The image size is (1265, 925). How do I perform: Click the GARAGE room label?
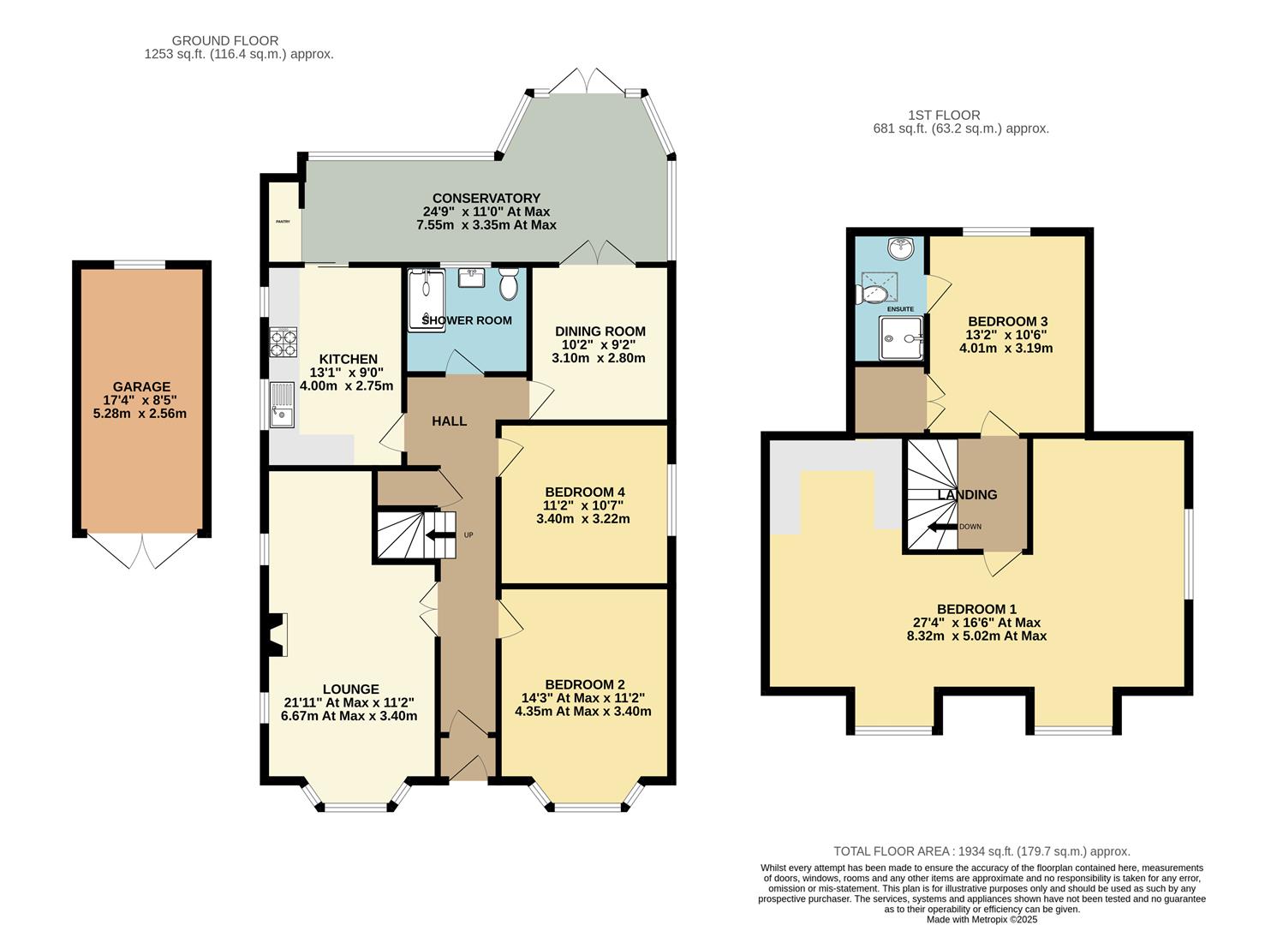pos(141,387)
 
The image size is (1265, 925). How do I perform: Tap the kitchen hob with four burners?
pos(283,343)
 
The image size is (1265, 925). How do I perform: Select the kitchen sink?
pos(282,405)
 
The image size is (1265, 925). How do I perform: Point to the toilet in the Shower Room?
pos(509,283)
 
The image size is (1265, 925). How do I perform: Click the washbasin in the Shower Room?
pos(471,277)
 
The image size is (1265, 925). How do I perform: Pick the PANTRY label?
pos(283,221)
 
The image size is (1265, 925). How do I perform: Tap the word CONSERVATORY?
pos(486,198)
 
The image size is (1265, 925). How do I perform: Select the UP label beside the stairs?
pos(468,534)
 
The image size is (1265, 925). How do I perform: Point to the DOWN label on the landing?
pos(970,527)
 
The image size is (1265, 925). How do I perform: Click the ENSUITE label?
pos(900,309)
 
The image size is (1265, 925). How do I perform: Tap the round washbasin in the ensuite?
pos(901,248)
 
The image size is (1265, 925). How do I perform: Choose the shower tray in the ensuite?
pos(901,337)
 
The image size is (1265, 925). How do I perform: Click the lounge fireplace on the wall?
pos(277,634)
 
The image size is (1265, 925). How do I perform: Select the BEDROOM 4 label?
pos(584,492)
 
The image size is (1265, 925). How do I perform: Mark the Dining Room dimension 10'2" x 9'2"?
pos(600,344)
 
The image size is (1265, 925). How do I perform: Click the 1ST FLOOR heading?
pos(944,116)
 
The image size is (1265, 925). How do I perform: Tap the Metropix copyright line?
pos(982,919)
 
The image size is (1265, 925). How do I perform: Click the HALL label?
pos(450,421)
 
